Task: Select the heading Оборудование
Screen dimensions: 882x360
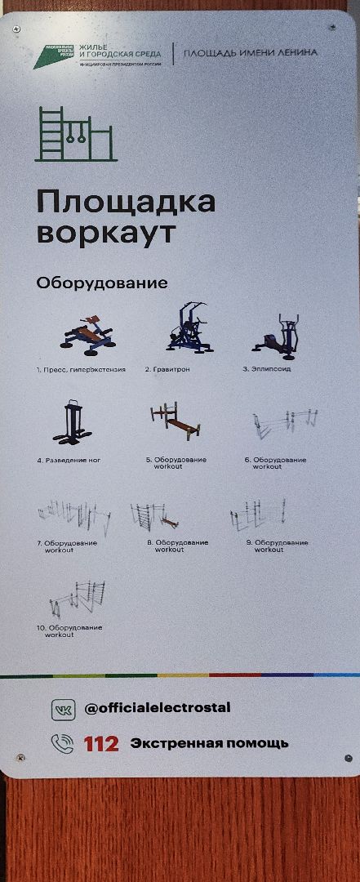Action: coord(102,283)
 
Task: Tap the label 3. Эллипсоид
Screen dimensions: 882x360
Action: coord(266,369)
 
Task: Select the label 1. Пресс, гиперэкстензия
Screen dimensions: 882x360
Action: coord(81,370)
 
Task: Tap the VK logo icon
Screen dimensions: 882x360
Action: coord(63,709)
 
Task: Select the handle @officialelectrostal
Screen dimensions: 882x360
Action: coord(158,708)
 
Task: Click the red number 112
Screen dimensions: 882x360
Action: coord(101,744)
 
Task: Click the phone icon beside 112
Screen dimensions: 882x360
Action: coord(63,743)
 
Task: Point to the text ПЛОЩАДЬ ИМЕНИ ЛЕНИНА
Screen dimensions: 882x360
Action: coord(250,53)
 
